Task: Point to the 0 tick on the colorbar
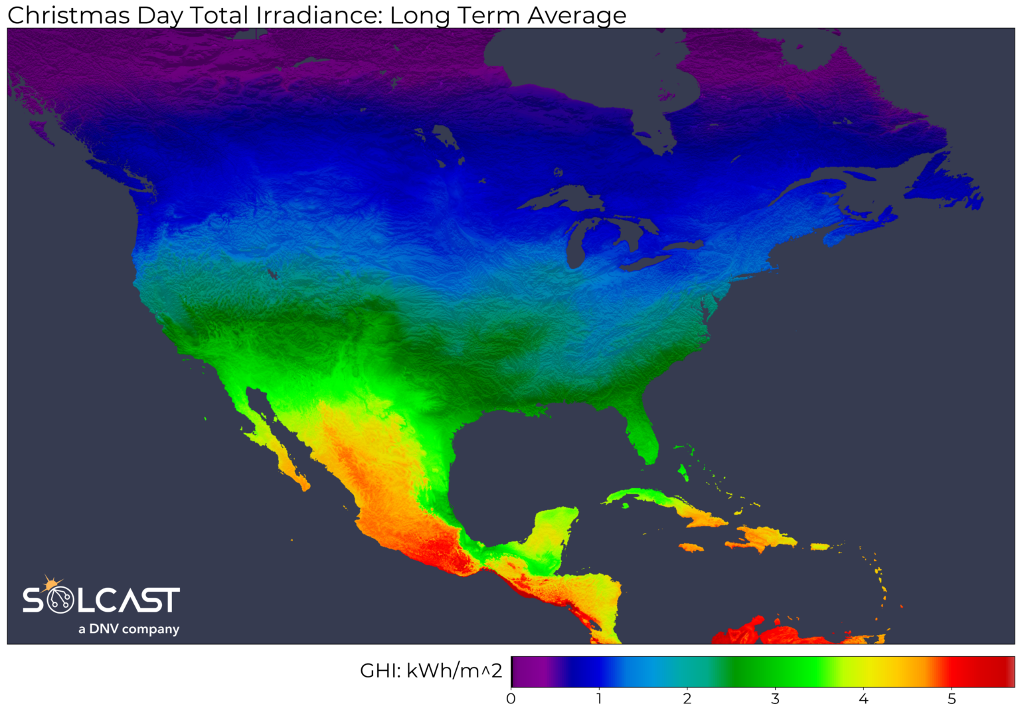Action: point(511,699)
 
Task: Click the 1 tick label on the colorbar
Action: point(599,699)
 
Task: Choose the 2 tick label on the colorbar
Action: point(687,699)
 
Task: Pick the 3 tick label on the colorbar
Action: point(775,699)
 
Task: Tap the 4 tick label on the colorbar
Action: point(863,699)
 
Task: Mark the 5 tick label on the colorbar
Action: point(952,699)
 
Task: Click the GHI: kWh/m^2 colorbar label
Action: point(430,671)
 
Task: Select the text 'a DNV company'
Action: point(129,629)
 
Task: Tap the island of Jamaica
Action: point(691,547)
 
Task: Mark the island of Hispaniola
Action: point(764,537)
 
